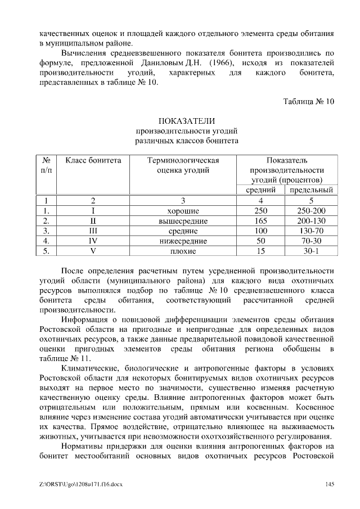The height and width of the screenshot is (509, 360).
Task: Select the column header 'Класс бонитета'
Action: coord(93,160)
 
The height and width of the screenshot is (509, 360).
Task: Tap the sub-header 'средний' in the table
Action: coord(262,190)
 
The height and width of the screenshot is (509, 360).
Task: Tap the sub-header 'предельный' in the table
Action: coord(311,190)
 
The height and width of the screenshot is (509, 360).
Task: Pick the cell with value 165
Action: coord(261,221)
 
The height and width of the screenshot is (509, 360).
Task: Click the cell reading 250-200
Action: coord(311,211)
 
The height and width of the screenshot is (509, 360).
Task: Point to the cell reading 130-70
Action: coord(311,231)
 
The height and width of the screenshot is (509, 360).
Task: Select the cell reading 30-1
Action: coord(311,251)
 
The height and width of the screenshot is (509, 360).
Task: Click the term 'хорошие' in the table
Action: coord(183,211)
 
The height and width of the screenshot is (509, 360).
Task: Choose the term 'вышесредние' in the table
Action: coord(183,221)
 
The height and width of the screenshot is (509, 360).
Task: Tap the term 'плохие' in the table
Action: coord(183,251)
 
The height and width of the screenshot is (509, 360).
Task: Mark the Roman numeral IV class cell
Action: coord(93,241)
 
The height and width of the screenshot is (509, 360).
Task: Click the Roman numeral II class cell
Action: coord(93,221)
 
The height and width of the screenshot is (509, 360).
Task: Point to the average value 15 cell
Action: coord(261,251)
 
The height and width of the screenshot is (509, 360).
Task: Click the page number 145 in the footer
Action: coord(330,484)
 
